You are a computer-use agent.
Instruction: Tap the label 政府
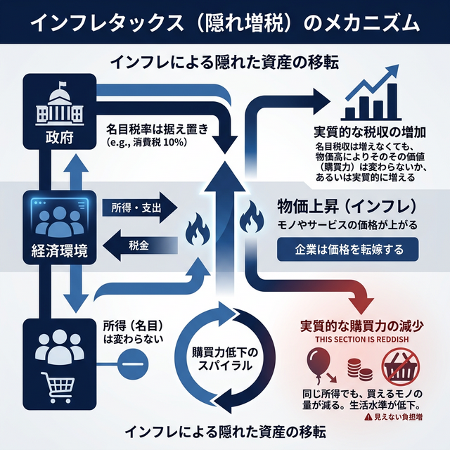coord(56,135)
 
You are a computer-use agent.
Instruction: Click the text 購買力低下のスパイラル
coord(226,359)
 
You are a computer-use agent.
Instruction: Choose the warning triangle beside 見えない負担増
coord(368,416)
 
